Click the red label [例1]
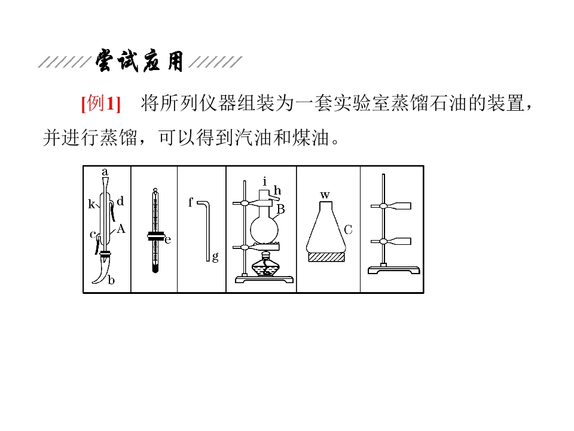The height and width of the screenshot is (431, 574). [100, 104]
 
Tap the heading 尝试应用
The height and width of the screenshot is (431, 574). [139, 61]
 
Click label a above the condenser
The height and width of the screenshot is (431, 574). [105, 172]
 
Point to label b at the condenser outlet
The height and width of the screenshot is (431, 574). [111, 280]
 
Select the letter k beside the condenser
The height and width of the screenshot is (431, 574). [91, 204]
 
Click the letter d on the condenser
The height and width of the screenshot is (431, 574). [120, 201]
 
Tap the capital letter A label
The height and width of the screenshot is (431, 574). [121, 229]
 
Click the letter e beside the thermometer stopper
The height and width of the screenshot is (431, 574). [168, 239]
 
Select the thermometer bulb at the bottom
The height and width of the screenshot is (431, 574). [155, 268]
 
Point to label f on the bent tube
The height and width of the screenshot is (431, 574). [190, 202]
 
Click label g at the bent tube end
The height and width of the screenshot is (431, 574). [215, 257]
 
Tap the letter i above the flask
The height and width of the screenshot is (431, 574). [265, 181]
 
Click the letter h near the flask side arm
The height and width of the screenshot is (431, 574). [277, 190]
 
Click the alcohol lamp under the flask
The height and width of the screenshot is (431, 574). [265, 265]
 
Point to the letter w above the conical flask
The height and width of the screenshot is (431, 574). [325, 195]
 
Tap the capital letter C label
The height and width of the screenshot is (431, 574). [348, 230]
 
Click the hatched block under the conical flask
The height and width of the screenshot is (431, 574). [326, 257]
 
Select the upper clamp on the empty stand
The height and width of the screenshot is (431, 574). [391, 206]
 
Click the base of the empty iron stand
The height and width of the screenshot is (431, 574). [394, 270]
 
